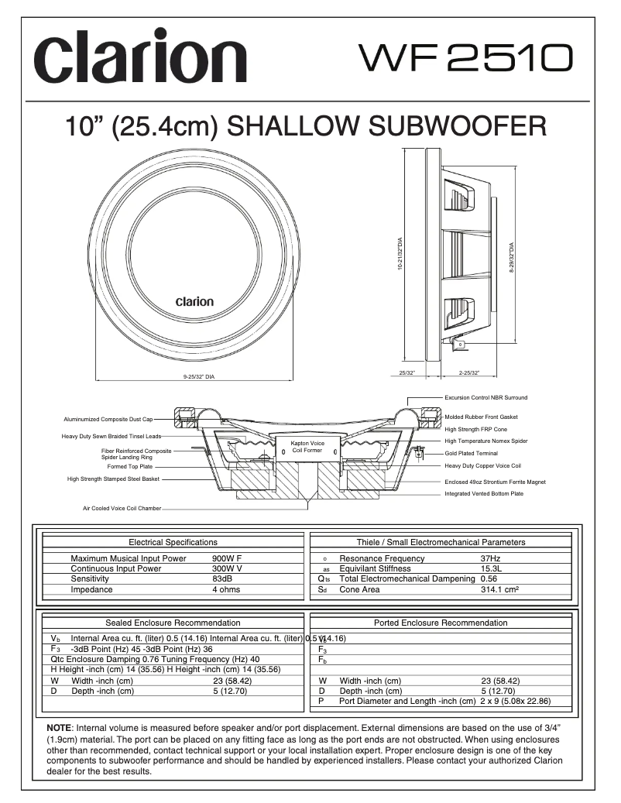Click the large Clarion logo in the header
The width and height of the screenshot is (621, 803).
tap(139, 59)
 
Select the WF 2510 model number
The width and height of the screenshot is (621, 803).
tap(465, 57)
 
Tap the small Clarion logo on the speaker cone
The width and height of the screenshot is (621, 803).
tap(194, 302)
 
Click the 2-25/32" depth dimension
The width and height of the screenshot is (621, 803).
tap(469, 373)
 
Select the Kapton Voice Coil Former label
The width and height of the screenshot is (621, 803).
tap(307, 447)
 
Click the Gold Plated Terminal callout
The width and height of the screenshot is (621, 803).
tap(471, 453)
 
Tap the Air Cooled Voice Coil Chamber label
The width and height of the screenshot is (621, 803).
tap(122, 509)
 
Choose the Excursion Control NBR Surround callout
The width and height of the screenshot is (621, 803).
tap(485, 398)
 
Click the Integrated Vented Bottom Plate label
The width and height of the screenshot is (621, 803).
tap(483, 493)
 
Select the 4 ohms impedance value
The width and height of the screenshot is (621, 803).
tap(225, 589)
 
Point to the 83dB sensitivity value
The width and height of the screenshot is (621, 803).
tap(221, 578)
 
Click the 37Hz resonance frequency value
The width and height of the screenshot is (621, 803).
tap(490, 558)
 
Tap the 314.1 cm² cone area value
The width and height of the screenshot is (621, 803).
tap(499, 589)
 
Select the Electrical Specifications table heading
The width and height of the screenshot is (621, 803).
tap(173, 542)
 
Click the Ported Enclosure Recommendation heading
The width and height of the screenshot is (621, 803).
tap(441, 623)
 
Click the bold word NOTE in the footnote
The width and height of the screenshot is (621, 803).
tap(60, 729)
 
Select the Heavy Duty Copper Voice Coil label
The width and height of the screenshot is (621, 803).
tap(482, 466)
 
